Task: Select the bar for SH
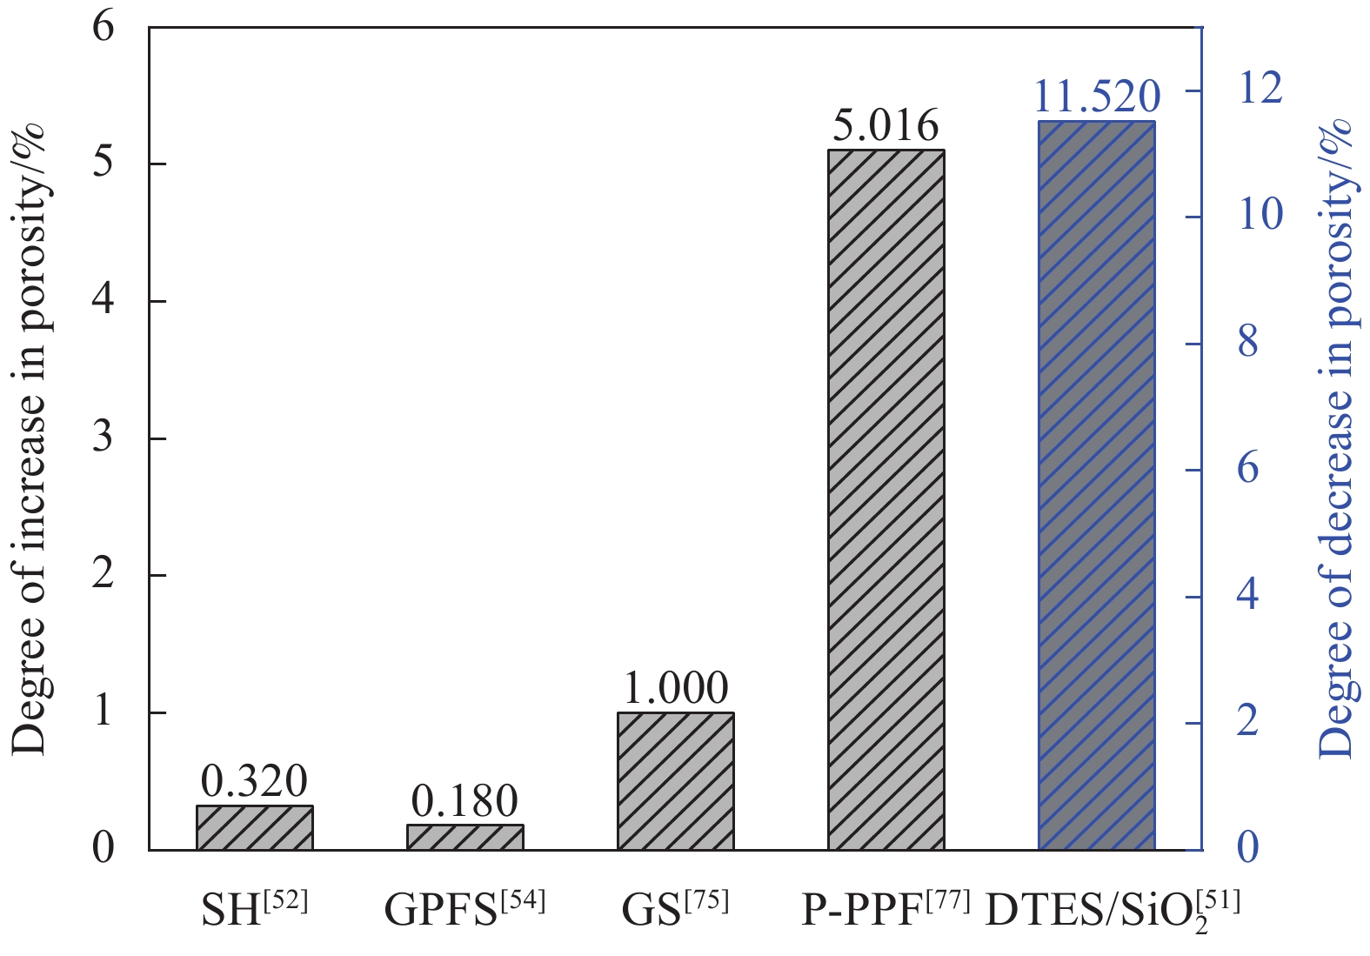point(254,827)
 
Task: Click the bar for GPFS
point(465,837)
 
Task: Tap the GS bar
point(676,780)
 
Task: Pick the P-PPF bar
point(885,499)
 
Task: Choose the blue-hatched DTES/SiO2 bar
point(1097,485)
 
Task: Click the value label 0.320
point(254,781)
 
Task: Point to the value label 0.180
point(465,800)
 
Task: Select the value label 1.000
point(676,688)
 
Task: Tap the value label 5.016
point(885,126)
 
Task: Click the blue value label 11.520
point(1097,97)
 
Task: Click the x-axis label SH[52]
point(254,909)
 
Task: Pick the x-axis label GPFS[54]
point(465,909)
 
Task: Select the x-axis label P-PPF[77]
point(885,909)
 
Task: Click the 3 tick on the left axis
point(104,437)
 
